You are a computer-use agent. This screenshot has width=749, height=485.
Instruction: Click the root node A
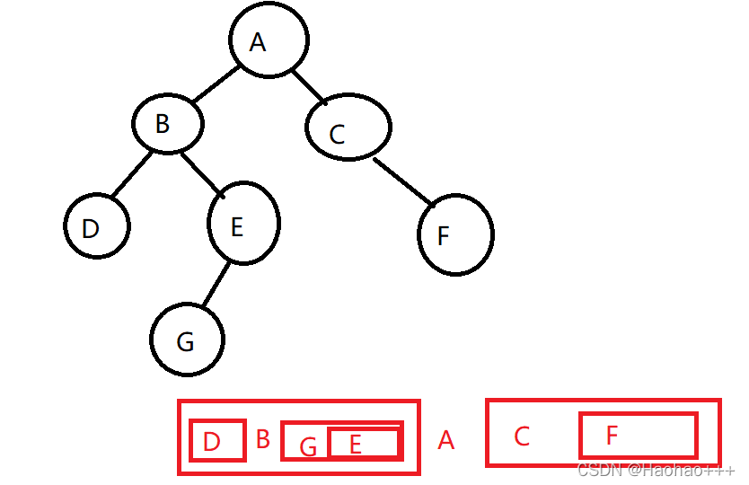click(268, 40)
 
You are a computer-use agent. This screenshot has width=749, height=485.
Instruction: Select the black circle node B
click(168, 124)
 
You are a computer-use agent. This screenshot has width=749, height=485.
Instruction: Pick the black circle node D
click(97, 225)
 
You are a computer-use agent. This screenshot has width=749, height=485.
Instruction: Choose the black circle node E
click(243, 224)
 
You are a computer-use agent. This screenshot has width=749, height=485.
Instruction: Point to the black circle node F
click(455, 234)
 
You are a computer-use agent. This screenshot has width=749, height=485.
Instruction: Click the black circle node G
click(187, 339)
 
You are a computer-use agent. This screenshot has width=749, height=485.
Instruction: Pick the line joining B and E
click(201, 173)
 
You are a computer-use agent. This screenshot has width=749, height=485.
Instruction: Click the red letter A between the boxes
click(445, 441)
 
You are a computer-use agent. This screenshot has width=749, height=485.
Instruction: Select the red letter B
click(263, 439)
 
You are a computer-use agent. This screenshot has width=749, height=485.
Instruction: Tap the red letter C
click(522, 436)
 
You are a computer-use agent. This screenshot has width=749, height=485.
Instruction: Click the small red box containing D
click(217, 440)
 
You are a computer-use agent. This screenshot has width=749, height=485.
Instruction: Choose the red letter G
click(308, 446)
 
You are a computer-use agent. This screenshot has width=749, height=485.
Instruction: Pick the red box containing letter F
click(639, 436)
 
